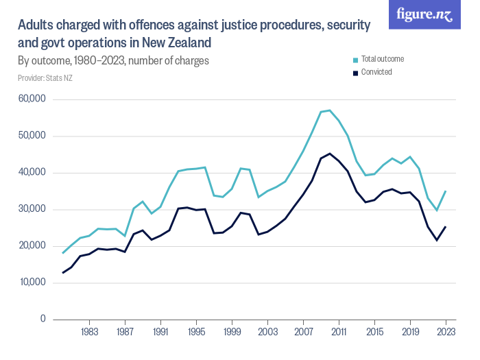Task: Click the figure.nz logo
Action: [x=424, y=14]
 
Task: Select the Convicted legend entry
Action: [x=376, y=72]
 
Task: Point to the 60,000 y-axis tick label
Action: [x=32, y=99]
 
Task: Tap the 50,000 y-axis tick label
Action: [x=32, y=136]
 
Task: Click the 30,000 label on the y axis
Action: [x=32, y=209]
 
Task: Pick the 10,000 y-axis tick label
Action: [x=32, y=283]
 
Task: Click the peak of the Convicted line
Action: [x=330, y=154]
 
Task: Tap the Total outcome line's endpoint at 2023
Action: [x=446, y=191]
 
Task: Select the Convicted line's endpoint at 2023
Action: [x=446, y=227]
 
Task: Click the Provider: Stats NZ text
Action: [x=45, y=78]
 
